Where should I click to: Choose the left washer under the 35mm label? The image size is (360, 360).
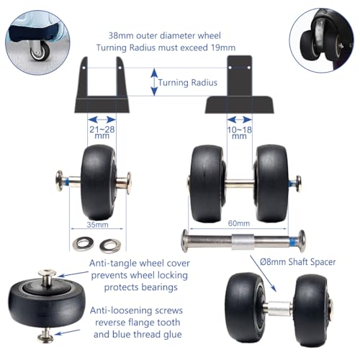click(x=82, y=245)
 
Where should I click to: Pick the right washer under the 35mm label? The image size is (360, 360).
click(x=110, y=245)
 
